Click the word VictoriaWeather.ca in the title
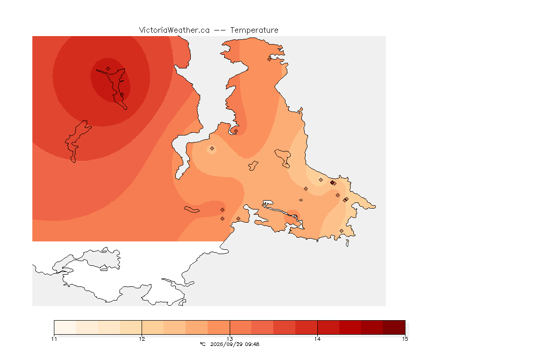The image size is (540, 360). click(174, 30)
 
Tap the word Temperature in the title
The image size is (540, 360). click(254, 30)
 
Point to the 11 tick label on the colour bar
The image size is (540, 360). click(54, 339)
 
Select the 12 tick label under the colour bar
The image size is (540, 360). click(142, 339)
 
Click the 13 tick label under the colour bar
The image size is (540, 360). click(230, 339)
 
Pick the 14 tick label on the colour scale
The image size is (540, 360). click(317, 339)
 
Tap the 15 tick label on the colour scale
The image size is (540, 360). click(405, 339)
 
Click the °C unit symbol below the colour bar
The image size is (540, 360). click(202, 344)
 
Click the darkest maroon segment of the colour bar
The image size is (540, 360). click(394, 327)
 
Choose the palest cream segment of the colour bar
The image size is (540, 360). click(65, 327)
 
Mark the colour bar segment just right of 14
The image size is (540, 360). click(329, 327)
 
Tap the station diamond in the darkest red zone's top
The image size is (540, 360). click(108, 69)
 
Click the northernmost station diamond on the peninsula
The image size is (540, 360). click(270, 59)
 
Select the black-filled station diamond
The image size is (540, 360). click(332, 183)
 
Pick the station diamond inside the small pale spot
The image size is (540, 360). click(212, 149)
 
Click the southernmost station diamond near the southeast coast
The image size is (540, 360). click(341, 231)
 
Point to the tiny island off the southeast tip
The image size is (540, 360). click(347, 243)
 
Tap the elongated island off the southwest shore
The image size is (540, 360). click(192, 210)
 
